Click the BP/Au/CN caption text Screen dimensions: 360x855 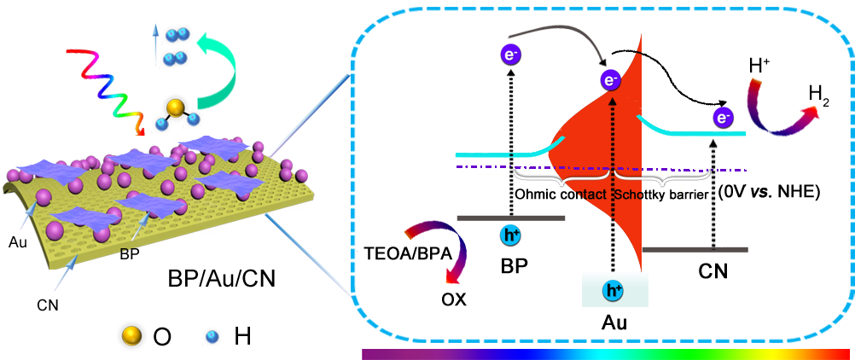coord(219,279)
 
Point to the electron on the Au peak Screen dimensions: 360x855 coord(610,81)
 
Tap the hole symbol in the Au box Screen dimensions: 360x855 coord(613,290)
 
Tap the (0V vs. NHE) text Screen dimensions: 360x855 coord(770,193)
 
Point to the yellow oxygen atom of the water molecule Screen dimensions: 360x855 coord(174,107)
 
